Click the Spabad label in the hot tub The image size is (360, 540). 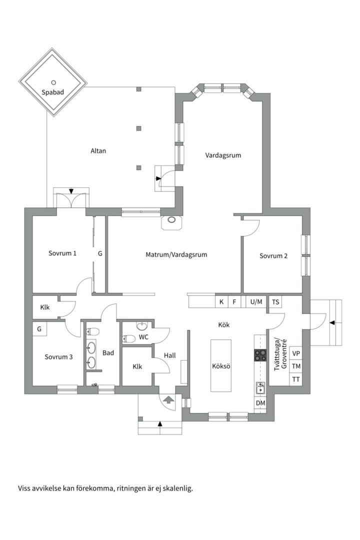tap(52, 92)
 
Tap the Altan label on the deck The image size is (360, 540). tap(98, 151)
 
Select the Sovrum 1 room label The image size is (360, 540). tap(62, 253)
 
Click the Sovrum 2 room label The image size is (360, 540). tap(273, 256)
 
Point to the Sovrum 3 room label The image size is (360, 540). tap(58, 357)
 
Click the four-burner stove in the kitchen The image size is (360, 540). tap(260, 355)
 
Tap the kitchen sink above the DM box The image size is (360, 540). tap(260, 388)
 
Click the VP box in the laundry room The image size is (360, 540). tap(296, 353)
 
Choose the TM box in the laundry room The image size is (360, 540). tap(296, 366)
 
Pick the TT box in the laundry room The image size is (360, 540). tap(296, 379)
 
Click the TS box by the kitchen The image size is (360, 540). tap(275, 302)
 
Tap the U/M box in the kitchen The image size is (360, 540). tap(256, 302)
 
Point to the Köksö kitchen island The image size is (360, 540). tap(221, 365)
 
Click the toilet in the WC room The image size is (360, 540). tap(128, 339)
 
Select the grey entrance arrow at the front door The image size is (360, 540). tap(168, 399)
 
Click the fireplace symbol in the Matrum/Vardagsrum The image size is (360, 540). tap(171, 222)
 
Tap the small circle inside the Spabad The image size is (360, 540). tap(53, 82)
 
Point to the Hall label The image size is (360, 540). tap(170, 355)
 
